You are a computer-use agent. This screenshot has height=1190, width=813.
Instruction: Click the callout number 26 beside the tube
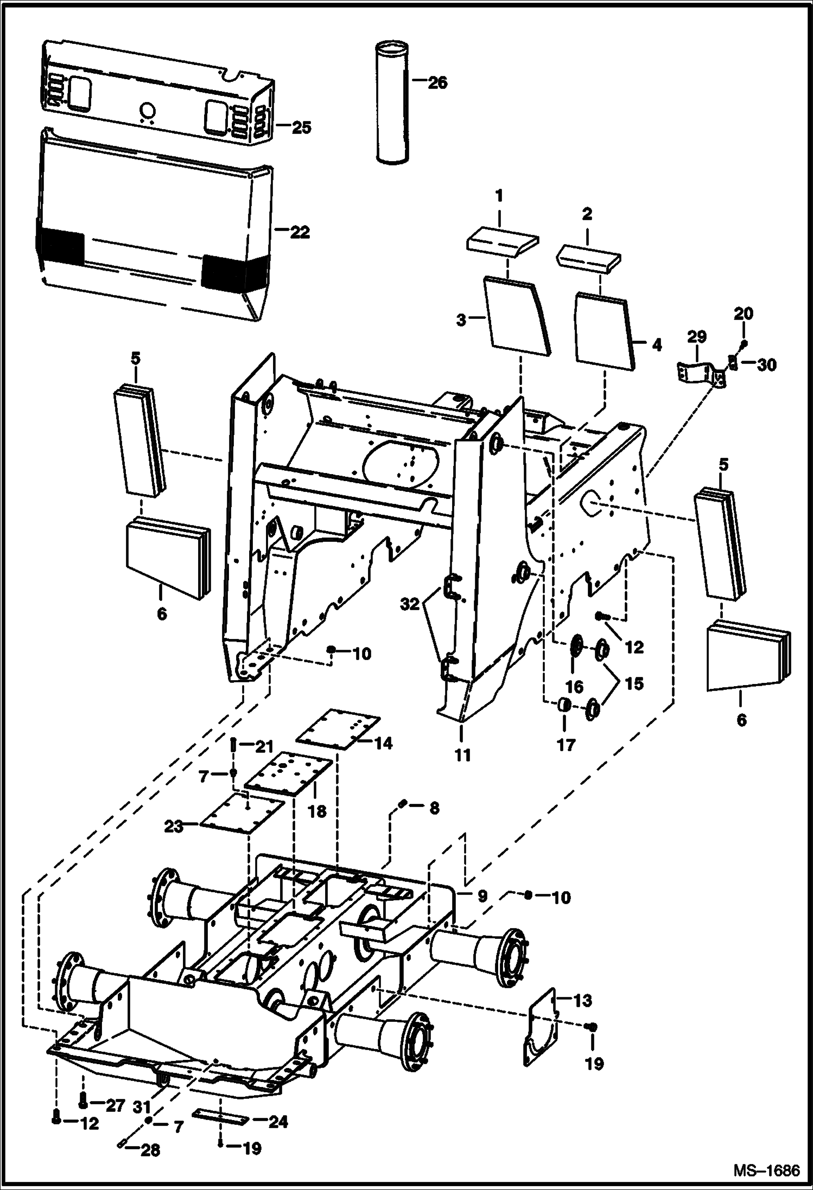[x=437, y=82]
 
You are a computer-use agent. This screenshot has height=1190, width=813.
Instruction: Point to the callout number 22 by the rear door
[x=299, y=232]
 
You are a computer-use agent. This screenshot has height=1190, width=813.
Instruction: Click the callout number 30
[x=767, y=365]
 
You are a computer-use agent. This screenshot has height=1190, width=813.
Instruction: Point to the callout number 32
[x=410, y=604]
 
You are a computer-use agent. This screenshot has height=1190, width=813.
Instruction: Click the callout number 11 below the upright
[x=462, y=754]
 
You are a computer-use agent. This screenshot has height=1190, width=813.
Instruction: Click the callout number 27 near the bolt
[x=115, y=1105]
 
